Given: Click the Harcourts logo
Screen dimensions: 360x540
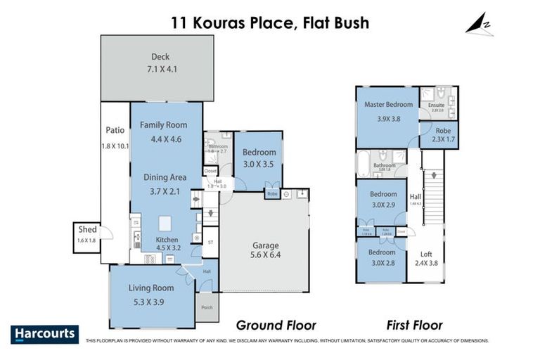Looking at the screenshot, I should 44,334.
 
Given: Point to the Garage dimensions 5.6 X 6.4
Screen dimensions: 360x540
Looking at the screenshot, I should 266,255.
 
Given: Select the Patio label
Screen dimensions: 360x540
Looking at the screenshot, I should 115,130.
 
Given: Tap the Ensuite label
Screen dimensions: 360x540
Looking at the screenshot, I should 436,104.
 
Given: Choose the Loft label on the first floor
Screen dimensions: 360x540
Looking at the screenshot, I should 426,255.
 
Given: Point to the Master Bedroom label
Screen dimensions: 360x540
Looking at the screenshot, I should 388,105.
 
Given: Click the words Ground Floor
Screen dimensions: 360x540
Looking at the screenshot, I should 276,326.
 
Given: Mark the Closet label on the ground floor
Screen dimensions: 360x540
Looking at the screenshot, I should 210,171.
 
